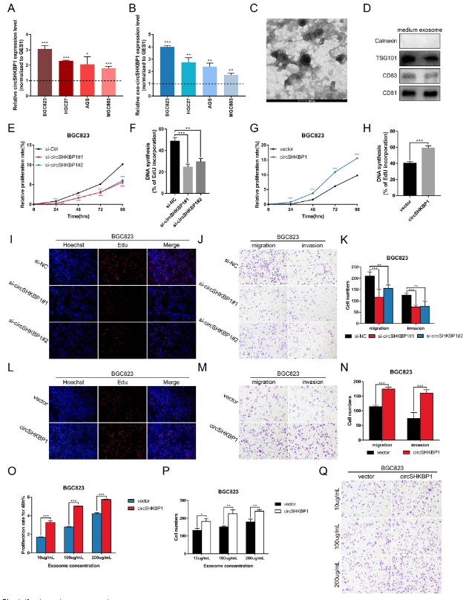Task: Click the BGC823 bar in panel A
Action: [x=45, y=70]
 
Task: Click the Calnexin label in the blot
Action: [x=386, y=42]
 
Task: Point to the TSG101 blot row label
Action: [x=386, y=59]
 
